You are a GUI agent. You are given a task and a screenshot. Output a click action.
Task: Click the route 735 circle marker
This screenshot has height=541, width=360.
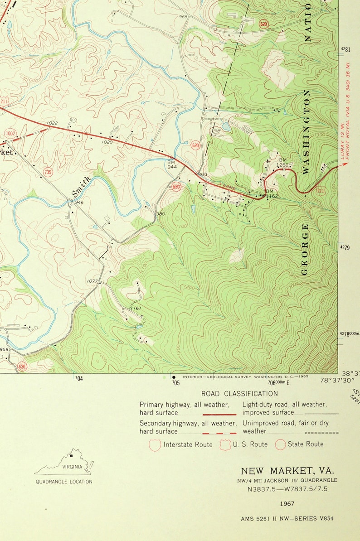[x=48, y=172]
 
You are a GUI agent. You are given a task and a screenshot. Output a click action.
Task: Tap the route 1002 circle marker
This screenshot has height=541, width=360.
[x=10, y=133]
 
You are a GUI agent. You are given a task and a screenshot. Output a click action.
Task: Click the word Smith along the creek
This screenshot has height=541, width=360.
[x=81, y=187]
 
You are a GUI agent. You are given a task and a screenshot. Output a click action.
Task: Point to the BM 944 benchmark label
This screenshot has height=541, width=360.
[x=171, y=164]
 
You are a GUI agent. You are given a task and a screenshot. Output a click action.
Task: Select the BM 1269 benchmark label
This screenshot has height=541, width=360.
[x=283, y=162]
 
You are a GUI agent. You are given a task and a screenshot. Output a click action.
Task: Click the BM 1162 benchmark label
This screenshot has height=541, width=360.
[x=271, y=194]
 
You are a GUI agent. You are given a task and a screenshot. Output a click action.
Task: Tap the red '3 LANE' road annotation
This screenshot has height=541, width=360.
[x=226, y=186]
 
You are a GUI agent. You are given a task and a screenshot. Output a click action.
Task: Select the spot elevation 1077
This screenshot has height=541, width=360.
[x=92, y=281]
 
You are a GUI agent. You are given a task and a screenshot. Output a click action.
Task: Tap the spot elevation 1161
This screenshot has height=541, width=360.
[x=136, y=309]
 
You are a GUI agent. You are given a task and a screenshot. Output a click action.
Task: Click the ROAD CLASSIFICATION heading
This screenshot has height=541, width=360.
[x=239, y=394]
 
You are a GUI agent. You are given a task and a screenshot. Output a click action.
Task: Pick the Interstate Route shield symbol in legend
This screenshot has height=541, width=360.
[x=155, y=445]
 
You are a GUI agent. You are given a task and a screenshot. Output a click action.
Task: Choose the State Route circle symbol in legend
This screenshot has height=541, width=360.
[x=280, y=444]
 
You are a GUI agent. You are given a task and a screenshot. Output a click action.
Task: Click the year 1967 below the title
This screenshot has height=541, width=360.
[x=287, y=503]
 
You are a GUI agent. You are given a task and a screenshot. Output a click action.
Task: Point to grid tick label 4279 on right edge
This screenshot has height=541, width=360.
[x=345, y=247]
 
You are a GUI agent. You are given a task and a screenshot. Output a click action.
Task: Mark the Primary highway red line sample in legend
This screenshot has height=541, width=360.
[x=219, y=414]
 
